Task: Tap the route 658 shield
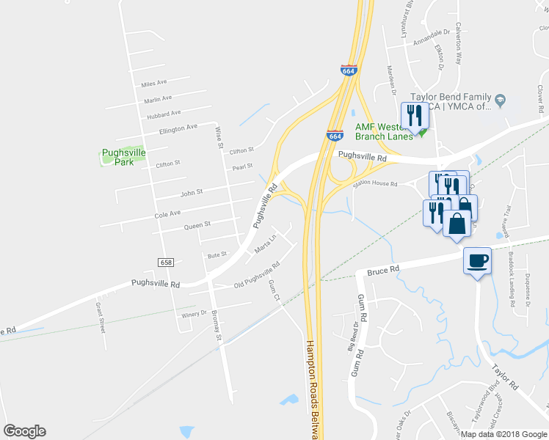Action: click(166, 262)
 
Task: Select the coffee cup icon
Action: click(477, 261)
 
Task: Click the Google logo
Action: click(24, 431)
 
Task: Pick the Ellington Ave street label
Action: click(178, 128)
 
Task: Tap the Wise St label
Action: click(218, 136)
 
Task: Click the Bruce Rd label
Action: click(382, 270)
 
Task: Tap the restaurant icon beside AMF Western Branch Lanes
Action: click(414, 115)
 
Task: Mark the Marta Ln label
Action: click(265, 245)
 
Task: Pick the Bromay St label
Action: click(217, 327)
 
